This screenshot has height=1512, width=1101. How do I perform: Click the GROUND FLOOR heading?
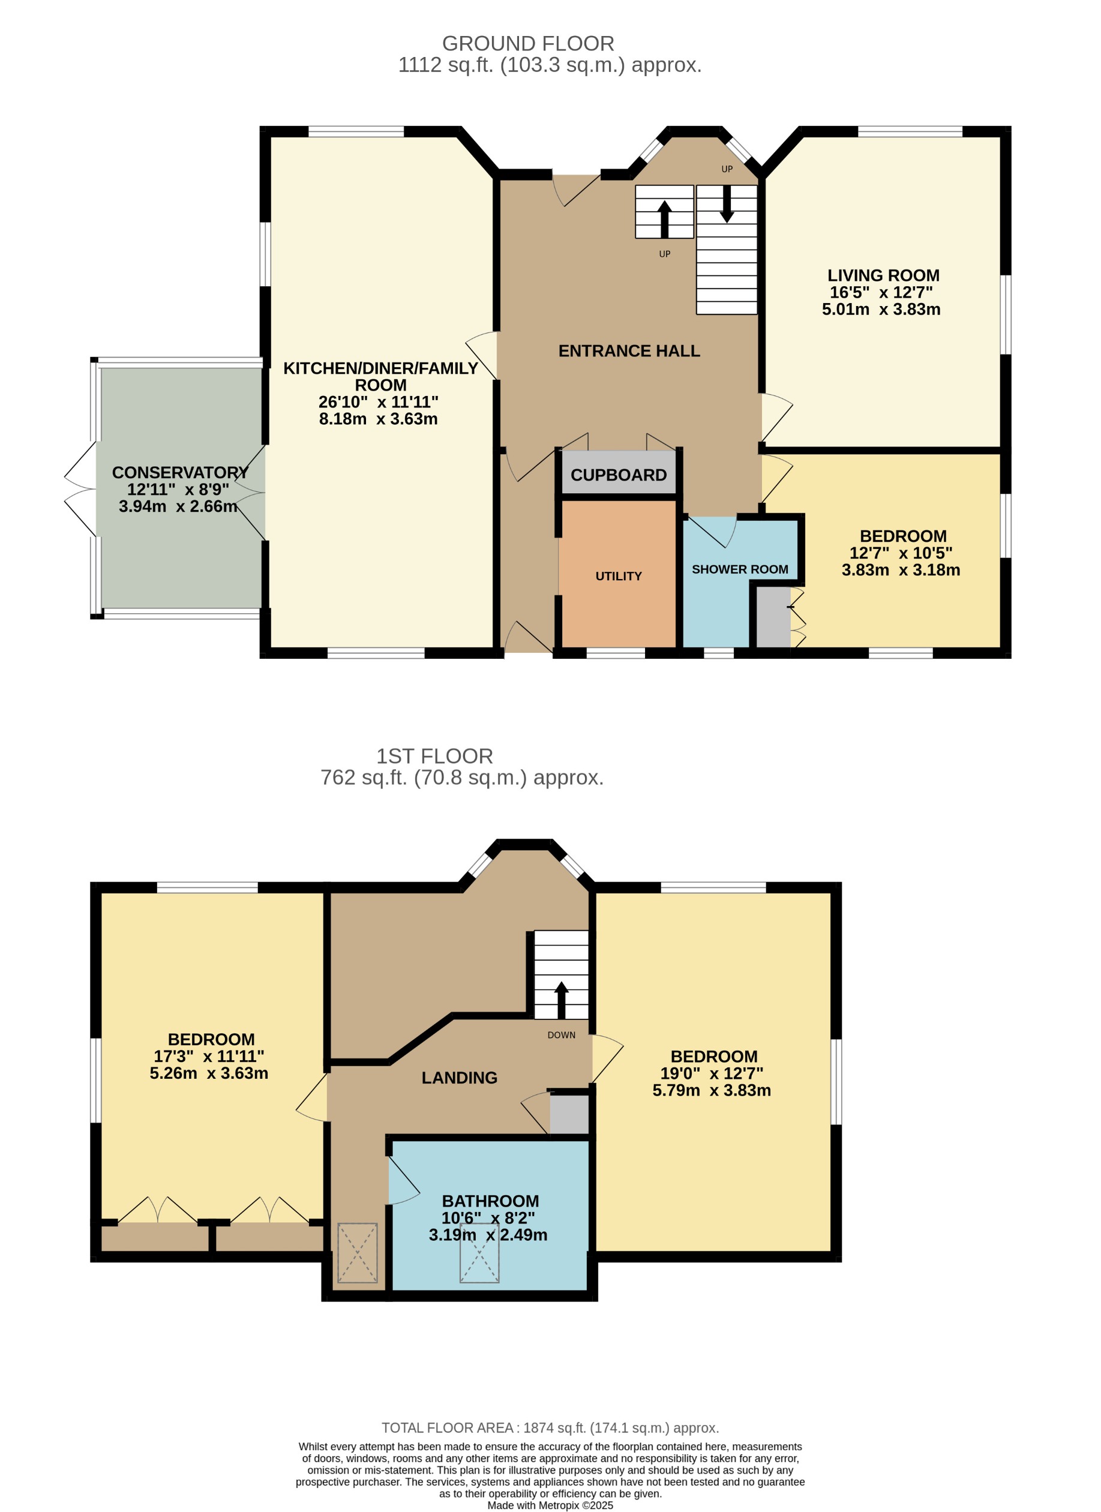coord(528,44)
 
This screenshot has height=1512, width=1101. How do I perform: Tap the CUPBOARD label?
coord(618,475)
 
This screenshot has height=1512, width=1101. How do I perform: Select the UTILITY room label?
coord(618,576)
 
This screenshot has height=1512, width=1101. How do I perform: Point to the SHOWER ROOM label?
coord(739,569)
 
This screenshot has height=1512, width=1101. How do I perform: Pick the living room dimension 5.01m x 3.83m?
coord(880,310)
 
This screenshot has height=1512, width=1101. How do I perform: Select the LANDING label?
coord(459,1078)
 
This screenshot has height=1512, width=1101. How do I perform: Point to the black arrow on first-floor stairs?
coord(561,998)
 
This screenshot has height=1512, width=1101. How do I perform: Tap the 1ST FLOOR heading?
coord(434,756)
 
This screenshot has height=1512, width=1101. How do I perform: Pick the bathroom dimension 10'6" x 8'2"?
coord(488,1217)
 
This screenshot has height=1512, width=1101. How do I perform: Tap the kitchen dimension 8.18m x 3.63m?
coord(378,419)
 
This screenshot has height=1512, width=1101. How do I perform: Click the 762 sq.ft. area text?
coord(461,778)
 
